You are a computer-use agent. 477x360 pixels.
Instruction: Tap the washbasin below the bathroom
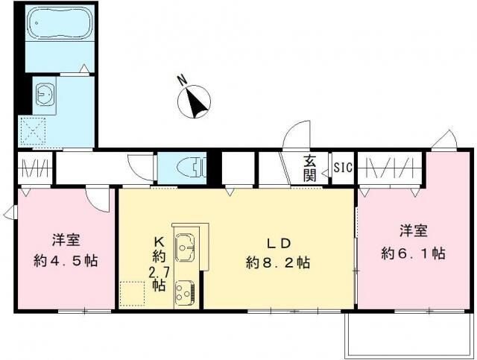click(45, 95)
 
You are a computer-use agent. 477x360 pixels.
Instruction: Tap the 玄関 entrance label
click(310, 168)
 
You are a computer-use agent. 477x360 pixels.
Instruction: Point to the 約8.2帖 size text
click(278, 262)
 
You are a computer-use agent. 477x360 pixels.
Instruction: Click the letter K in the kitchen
click(158, 241)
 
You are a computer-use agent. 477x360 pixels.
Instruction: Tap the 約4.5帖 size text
click(66, 261)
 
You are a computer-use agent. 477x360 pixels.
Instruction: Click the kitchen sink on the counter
click(184, 243)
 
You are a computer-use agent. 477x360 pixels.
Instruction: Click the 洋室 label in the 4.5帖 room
click(66, 240)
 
